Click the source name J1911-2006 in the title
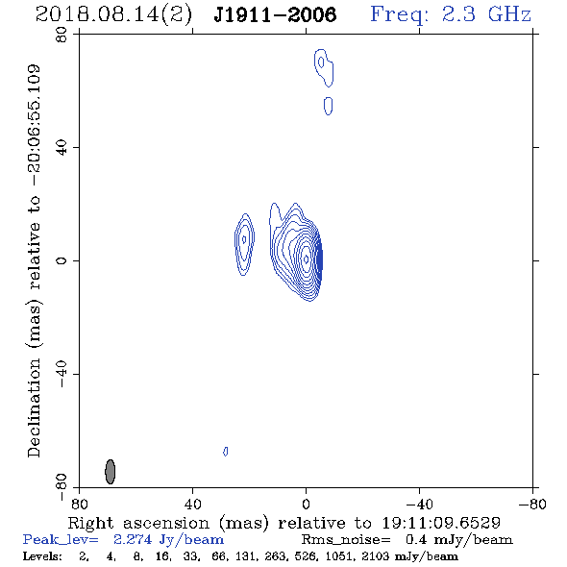click(275, 14)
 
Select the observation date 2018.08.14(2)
click(113, 15)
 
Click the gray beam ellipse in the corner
click(111, 472)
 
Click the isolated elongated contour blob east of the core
click(244, 244)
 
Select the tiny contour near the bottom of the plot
click(226, 452)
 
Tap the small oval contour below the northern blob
click(328, 106)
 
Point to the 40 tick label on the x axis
click(193, 505)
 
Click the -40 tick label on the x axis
click(419, 505)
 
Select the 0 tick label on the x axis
click(306, 505)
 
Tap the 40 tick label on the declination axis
click(62, 148)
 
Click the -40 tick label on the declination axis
click(62, 374)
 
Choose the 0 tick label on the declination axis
click(62, 260)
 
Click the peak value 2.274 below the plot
click(133, 539)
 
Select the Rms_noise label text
click(346, 540)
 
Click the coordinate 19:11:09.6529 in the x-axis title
click(441, 523)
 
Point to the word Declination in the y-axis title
click(34, 407)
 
